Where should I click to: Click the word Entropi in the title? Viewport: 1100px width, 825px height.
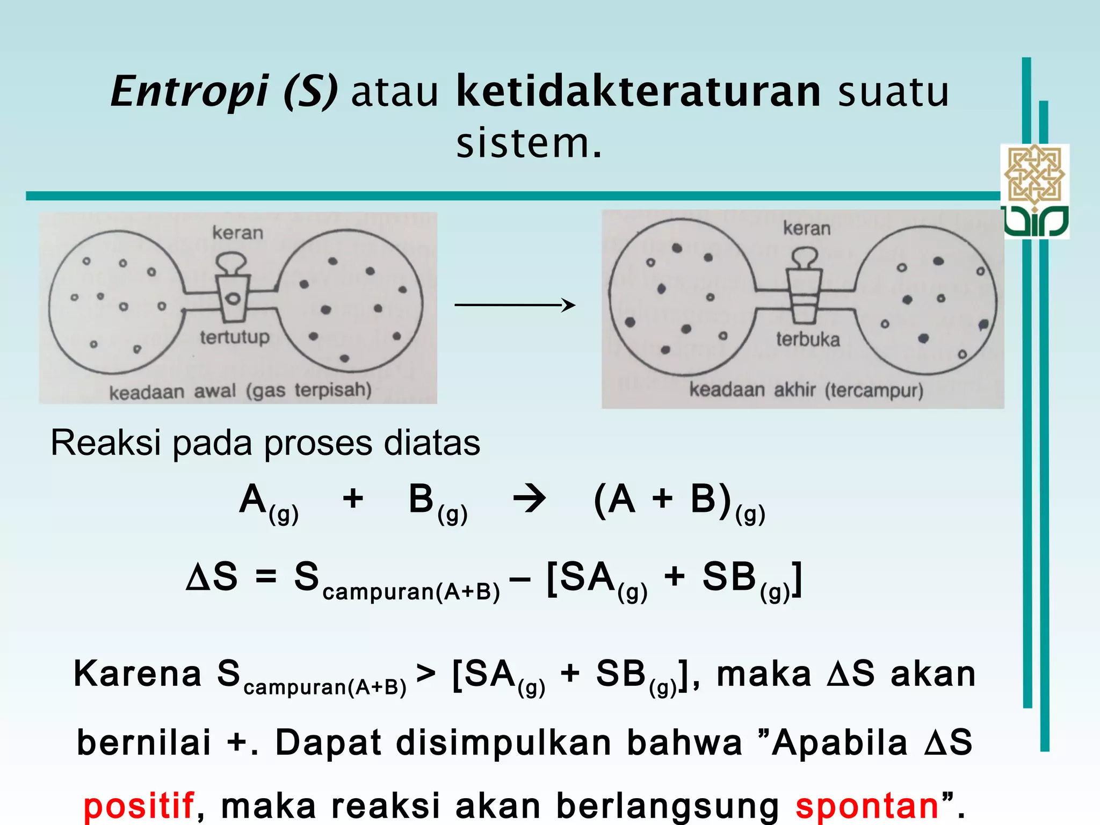(x=189, y=91)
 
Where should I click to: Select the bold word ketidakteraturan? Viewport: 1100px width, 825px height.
(x=638, y=91)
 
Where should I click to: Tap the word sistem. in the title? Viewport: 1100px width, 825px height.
(x=529, y=143)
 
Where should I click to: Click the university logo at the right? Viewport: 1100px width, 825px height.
(x=1035, y=191)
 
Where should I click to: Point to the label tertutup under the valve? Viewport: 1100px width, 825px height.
(x=235, y=337)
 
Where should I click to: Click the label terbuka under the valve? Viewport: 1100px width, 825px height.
(x=808, y=339)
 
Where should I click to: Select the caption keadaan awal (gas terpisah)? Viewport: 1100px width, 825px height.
(x=240, y=391)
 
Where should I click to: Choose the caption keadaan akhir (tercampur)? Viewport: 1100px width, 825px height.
(x=806, y=390)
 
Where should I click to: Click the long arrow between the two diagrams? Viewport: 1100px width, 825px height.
(x=515, y=305)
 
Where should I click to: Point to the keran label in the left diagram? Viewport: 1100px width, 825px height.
(x=238, y=233)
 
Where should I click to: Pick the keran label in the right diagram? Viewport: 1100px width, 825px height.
(x=807, y=229)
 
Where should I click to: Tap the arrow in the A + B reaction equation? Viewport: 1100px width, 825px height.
(x=530, y=500)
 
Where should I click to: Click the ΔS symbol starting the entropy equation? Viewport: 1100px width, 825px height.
(x=212, y=577)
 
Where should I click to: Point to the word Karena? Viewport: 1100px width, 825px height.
(x=137, y=674)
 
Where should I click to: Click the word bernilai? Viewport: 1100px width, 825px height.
(x=144, y=743)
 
